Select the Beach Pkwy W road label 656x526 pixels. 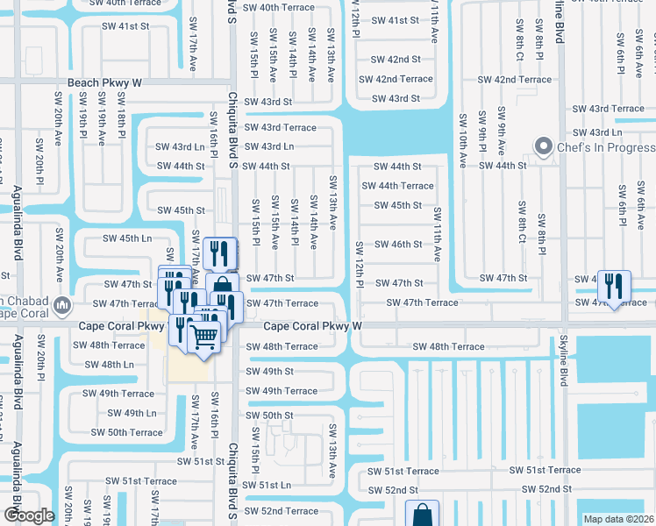(104, 83)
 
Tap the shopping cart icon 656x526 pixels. (204, 335)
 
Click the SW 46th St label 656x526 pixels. (398, 245)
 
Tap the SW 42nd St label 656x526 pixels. (396, 60)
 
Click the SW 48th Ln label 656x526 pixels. (109, 364)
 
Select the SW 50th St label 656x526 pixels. (269, 416)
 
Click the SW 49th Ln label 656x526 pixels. (132, 413)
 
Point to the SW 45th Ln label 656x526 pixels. (128, 238)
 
